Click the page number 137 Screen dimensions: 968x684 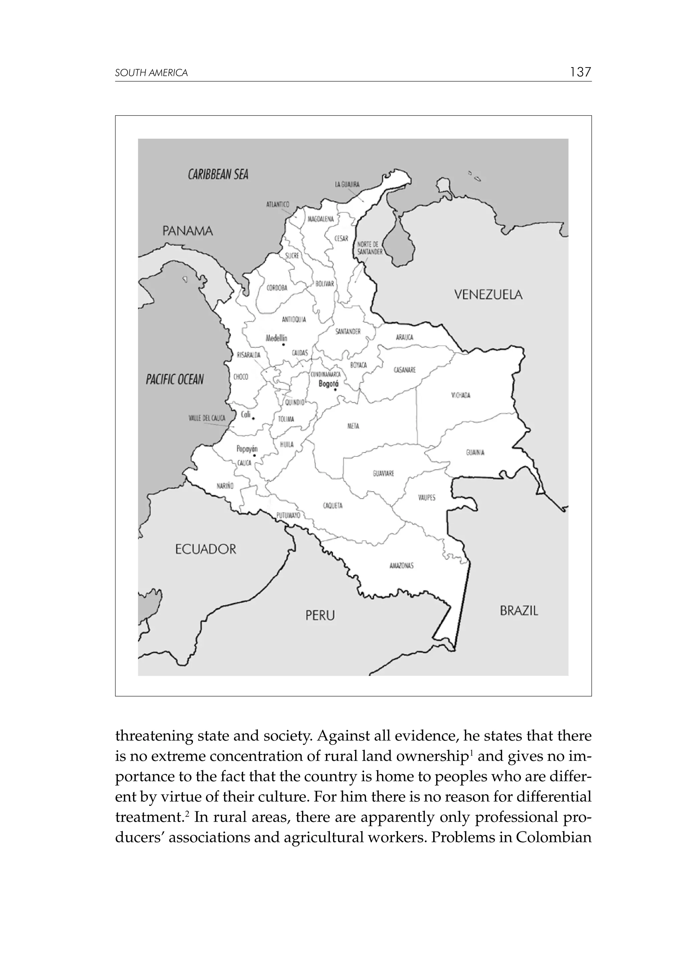[x=580, y=72]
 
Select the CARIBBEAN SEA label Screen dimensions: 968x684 [x=218, y=174]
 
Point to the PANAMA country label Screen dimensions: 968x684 [x=188, y=231]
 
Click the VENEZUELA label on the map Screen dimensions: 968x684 [x=488, y=295]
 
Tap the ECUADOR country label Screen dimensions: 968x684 [x=206, y=549]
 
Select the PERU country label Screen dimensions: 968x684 [x=320, y=616]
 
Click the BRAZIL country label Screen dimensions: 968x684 [x=519, y=611]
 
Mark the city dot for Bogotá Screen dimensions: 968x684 [x=335, y=390]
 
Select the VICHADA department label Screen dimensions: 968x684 [x=461, y=396]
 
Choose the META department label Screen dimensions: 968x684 [x=353, y=426]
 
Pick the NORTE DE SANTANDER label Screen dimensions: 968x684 [x=370, y=248]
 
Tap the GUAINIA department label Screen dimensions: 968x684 [x=475, y=453]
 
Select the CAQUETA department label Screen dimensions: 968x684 [x=333, y=506]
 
